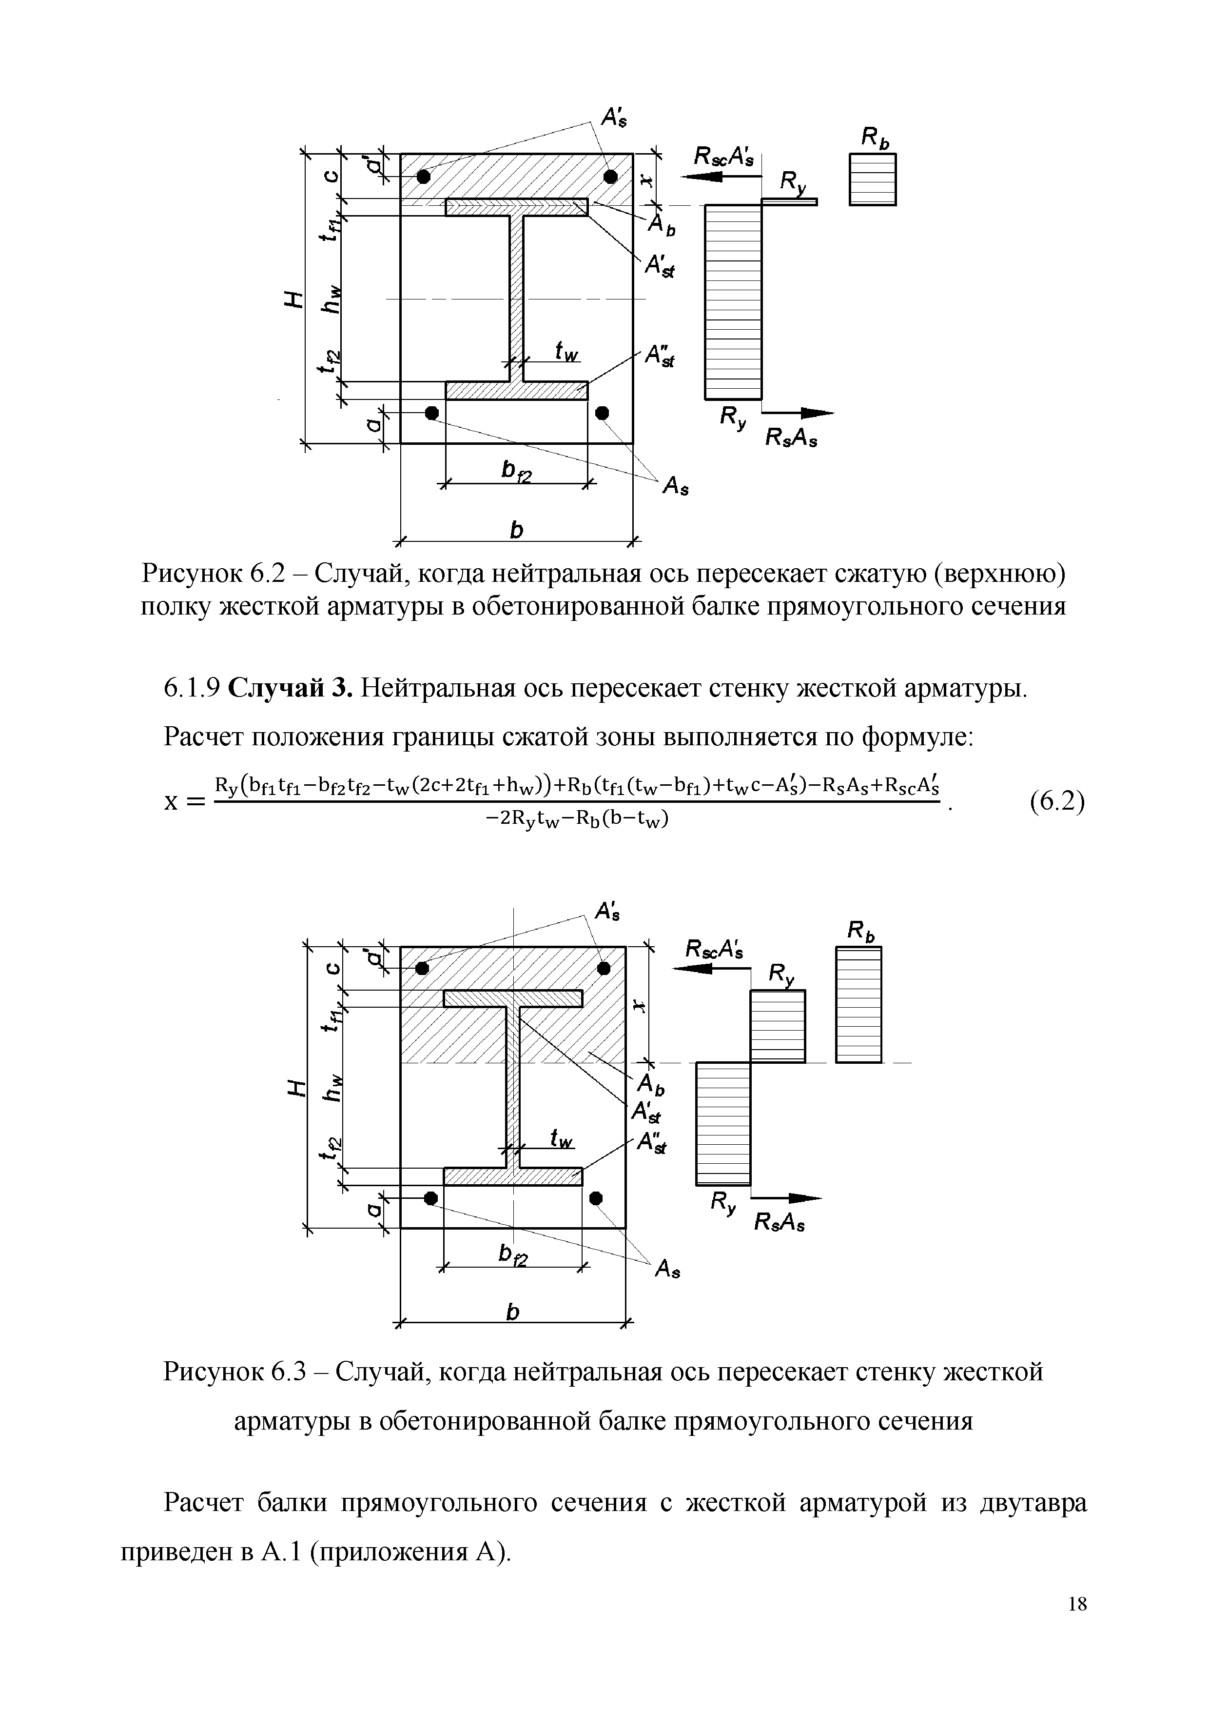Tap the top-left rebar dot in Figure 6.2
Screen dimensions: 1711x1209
click(x=423, y=176)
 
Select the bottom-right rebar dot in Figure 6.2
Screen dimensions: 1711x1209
click(x=602, y=412)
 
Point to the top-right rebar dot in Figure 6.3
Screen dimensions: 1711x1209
click(x=604, y=968)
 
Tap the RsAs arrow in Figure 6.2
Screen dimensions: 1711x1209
click(x=799, y=413)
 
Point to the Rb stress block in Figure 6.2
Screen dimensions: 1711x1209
click(x=872, y=179)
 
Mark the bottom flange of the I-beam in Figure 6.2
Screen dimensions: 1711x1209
click(x=516, y=391)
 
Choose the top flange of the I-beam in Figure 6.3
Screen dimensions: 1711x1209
click(x=512, y=998)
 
